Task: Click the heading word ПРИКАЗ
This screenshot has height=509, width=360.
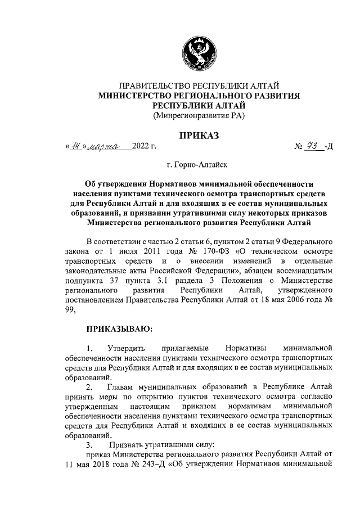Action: [199, 134]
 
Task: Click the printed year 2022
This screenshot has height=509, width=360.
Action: [139, 147]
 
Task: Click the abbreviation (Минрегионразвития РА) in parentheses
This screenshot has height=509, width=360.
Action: [199, 116]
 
